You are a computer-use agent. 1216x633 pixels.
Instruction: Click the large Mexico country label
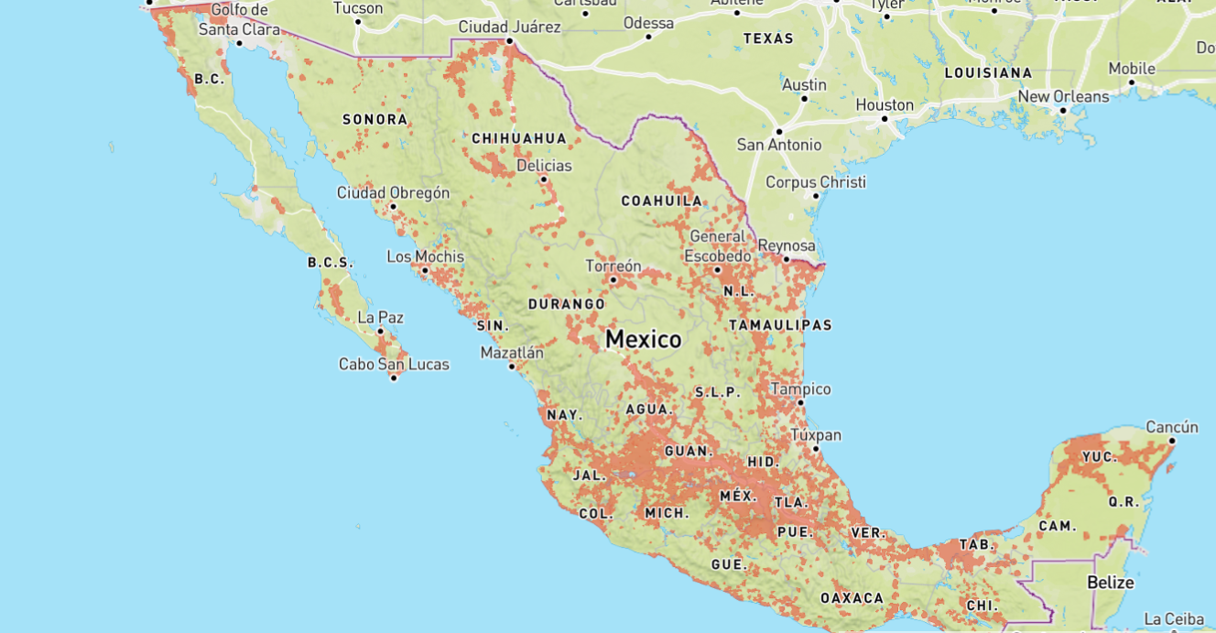(643, 340)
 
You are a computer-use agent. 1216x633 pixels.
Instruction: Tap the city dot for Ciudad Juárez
(510, 41)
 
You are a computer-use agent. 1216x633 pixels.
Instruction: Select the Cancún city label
(1171, 427)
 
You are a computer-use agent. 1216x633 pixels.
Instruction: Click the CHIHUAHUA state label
(519, 138)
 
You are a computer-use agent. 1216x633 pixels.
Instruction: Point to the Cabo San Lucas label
(394, 364)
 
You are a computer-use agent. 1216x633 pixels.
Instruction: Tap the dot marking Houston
(885, 119)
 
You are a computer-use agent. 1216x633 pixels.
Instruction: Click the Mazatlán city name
(512, 353)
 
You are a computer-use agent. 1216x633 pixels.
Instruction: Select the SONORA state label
(375, 119)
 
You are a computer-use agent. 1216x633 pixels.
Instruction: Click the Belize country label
(1110, 583)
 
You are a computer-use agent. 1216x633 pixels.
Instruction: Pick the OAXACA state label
(852, 598)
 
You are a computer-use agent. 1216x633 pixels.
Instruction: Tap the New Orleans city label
(1063, 96)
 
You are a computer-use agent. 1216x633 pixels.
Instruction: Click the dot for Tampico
(800, 402)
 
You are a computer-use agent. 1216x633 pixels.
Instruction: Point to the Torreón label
(613, 267)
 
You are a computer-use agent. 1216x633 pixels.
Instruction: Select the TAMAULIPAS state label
(780, 325)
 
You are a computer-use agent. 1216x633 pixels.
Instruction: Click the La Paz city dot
(381, 332)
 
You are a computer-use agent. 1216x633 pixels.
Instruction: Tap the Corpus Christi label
(815, 181)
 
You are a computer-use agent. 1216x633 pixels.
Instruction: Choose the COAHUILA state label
(661, 201)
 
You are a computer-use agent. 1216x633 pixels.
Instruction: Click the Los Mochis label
(425, 256)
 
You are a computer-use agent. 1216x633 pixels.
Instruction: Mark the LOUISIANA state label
(988, 72)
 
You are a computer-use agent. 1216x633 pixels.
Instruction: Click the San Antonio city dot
(779, 131)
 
